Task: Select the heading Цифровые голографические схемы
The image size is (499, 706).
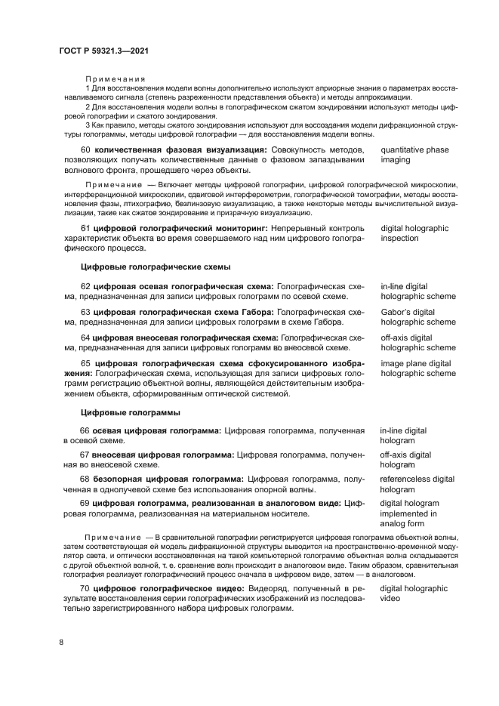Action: [155, 267]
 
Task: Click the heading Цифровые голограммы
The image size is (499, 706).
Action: [130, 412]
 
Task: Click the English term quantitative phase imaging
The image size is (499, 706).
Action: [414, 155]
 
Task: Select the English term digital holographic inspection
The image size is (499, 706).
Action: [414, 233]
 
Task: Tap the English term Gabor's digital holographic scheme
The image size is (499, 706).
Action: [417, 316]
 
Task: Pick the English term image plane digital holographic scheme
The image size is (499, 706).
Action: [417, 368]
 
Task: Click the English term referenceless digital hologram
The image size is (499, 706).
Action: [417, 484]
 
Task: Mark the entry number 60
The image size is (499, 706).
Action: [85, 150]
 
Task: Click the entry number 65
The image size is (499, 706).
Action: [85, 363]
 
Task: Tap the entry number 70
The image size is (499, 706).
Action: [85, 587]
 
